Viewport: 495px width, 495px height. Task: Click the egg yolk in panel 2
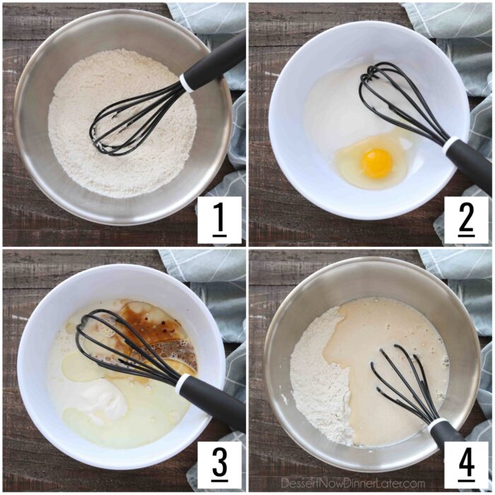pyautogui.click(x=377, y=163)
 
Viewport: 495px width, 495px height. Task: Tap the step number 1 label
pyautogui.click(x=219, y=220)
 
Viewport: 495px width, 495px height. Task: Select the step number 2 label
pyautogui.click(x=467, y=220)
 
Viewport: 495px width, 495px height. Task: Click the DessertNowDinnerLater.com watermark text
pyautogui.click(x=353, y=484)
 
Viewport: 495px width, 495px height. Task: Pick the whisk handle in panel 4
pyautogui.click(x=448, y=442)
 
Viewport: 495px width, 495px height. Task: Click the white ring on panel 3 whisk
pyautogui.click(x=183, y=383)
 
